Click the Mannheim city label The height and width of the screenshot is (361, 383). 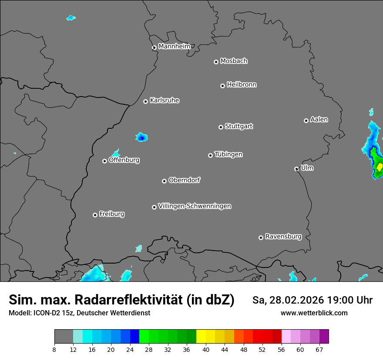tap(174, 46)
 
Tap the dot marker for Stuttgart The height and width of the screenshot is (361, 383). tap(221, 127)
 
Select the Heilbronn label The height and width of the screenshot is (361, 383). tap(242, 84)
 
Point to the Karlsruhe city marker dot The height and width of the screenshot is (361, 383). tap(146, 101)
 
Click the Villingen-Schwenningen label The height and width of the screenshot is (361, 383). tap(195, 206)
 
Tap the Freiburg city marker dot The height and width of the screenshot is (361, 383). tap(95, 215)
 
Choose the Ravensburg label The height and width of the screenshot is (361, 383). tap(283, 237)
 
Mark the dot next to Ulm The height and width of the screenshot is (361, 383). tap(297, 169)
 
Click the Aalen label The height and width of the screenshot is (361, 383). tap(319, 119)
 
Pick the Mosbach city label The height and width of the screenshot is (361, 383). tap(234, 61)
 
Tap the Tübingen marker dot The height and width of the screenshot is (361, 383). tap(211, 155)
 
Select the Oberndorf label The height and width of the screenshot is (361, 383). tap(184, 180)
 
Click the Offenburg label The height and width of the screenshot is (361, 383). tap(124, 160)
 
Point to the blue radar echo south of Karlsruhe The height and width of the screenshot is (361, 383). tap(141, 137)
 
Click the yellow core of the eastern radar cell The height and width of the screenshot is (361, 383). tap(380, 167)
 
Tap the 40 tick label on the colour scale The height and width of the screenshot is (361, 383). tap(206, 349)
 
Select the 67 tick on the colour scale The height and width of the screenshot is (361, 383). tap(319, 349)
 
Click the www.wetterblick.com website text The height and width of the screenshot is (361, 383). tap(314, 313)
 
